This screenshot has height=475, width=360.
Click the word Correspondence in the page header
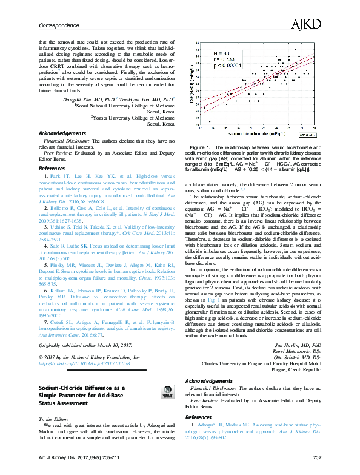(x=60, y=25)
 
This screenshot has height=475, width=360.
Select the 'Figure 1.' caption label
(x=201, y=147)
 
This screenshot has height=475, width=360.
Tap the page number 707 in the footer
(x=316, y=467)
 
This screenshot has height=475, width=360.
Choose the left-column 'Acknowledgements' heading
(x=62, y=133)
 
